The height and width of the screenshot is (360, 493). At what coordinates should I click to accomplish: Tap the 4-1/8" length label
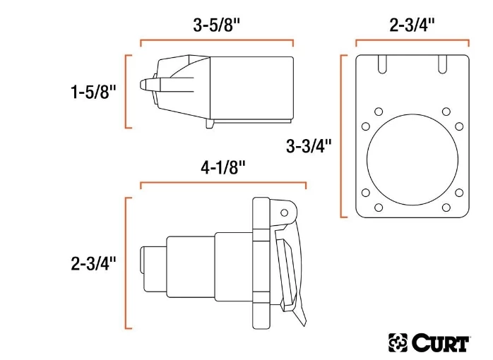pyautogui.click(x=222, y=167)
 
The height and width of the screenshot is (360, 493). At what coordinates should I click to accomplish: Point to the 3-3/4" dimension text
pyautogui.click(x=309, y=147)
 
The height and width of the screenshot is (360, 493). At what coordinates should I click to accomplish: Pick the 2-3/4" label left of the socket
pyautogui.click(x=93, y=263)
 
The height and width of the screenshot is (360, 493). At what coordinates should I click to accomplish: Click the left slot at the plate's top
pyautogui.click(x=381, y=63)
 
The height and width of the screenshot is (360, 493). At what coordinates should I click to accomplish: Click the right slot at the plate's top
pyautogui.click(x=443, y=63)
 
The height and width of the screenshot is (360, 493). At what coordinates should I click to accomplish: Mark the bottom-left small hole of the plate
pyautogui.click(x=378, y=208)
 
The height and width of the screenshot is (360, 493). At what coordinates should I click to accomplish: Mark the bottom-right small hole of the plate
pyautogui.click(x=446, y=208)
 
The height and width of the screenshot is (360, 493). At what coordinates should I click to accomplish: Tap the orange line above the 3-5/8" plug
pyautogui.click(x=217, y=41)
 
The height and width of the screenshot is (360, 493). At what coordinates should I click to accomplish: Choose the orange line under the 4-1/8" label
pyautogui.click(x=222, y=184)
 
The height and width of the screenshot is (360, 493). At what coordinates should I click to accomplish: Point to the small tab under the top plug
pyautogui.click(x=210, y=123)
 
